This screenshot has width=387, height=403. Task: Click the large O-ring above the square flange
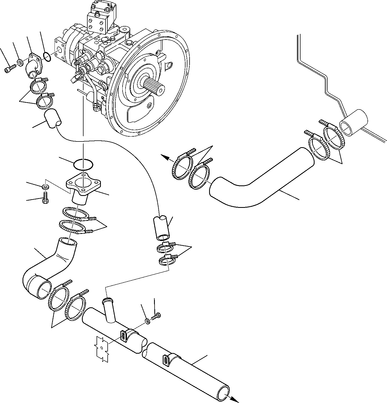pyautogui.click(x=83, y=164)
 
